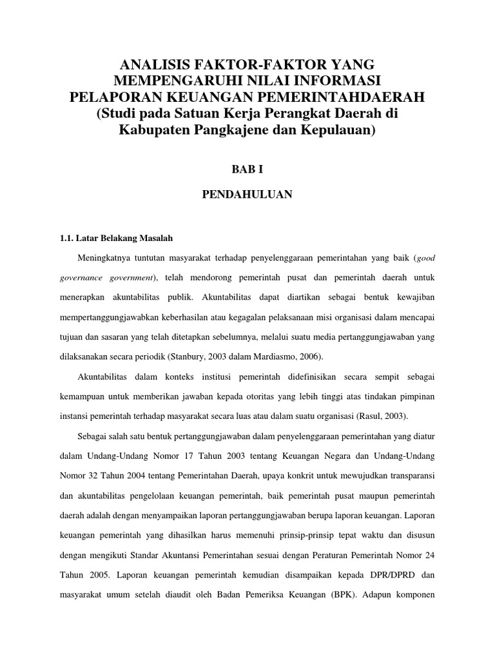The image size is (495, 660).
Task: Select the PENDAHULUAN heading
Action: [247, 195]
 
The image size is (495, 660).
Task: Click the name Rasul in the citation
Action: [369, 416]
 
